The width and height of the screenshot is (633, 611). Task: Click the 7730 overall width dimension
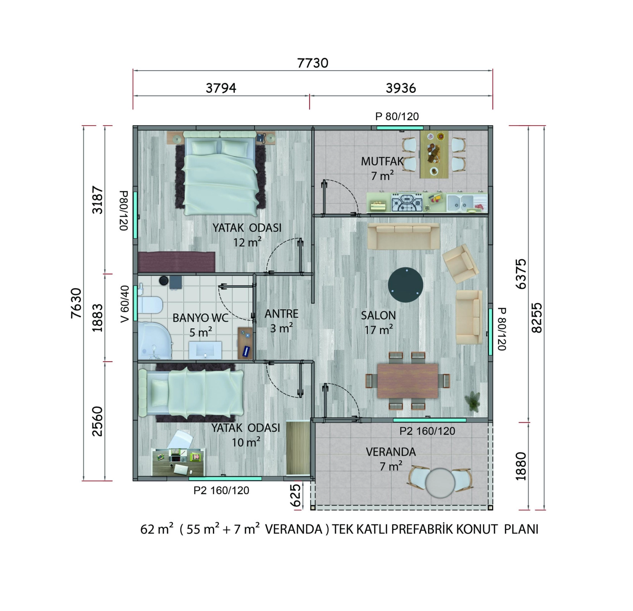312,63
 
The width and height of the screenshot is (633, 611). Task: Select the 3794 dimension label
221,88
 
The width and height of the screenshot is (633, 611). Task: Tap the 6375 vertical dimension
521,274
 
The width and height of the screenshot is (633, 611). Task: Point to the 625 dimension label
296,495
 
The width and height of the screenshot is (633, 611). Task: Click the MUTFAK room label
382,162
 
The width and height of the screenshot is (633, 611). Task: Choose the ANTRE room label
281,314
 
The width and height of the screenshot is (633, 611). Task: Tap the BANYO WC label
200,318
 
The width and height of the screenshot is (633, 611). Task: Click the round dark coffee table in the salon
406,285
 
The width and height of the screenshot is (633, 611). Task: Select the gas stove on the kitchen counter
407,202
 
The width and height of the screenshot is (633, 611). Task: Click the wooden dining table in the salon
408,381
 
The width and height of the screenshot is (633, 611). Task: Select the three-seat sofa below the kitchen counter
403,236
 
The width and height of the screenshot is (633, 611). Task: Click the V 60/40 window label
125,304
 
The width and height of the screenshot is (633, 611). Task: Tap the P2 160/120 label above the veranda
427,431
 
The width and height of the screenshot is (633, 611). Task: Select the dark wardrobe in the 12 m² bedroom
176,262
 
